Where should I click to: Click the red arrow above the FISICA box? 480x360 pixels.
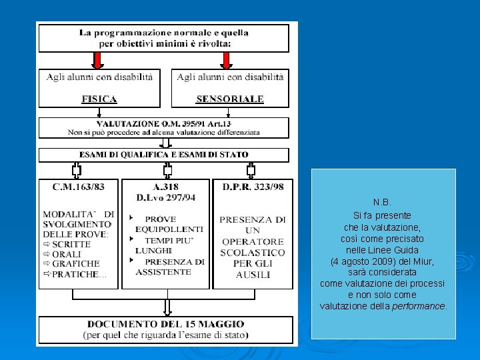point(97,60)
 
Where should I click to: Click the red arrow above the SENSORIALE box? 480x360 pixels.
point(226,60)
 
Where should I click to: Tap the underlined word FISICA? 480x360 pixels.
point(99,99)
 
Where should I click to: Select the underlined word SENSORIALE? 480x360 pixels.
point(230,99)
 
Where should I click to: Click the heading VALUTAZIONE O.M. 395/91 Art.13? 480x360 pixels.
point(164,123)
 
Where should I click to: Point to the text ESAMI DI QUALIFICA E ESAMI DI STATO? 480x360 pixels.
point(164,155)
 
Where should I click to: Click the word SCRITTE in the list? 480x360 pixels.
point(71,244)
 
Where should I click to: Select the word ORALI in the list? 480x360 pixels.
point(67,254)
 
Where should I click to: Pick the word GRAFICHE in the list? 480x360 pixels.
point(75,264)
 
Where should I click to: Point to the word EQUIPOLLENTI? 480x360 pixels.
point(169,229)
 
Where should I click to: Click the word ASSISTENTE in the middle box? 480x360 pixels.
point(163,272)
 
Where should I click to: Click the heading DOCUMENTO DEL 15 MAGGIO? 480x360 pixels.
point(165,324)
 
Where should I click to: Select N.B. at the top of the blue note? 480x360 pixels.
point(383,202)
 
